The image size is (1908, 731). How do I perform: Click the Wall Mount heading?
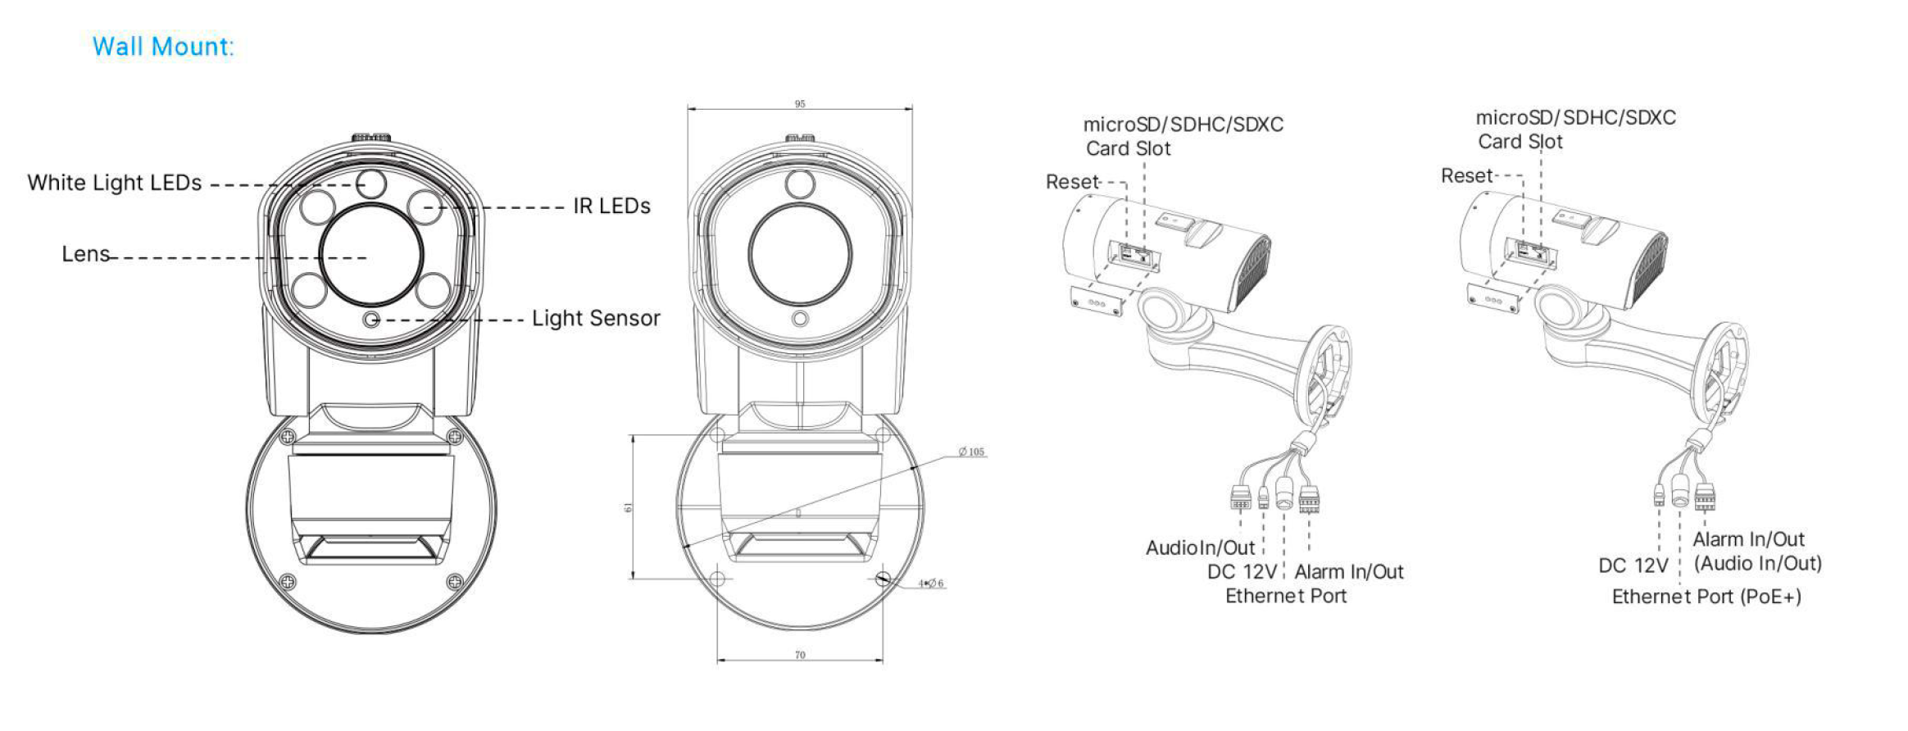163,47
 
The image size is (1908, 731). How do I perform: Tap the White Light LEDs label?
114,183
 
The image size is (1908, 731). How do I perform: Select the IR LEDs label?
611,207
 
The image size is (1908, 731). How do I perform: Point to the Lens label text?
85,254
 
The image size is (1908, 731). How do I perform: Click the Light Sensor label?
596,319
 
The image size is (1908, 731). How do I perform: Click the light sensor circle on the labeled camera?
371,319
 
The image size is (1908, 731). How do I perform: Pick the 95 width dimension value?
800,104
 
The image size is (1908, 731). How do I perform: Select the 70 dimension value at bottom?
800,655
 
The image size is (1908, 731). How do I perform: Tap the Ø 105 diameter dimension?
972,452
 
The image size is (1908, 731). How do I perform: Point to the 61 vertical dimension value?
629,508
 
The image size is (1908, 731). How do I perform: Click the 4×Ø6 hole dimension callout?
931,583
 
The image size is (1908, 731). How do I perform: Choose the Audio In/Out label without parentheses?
1200,547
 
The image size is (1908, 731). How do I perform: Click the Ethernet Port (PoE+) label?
1706,597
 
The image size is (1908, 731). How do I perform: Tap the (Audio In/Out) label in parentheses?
1757,564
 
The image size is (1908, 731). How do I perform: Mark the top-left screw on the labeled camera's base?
288,437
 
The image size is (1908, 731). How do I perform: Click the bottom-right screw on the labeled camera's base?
455,582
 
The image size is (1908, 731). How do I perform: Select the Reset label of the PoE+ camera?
1467,176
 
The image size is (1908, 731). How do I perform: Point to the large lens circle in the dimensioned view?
800,254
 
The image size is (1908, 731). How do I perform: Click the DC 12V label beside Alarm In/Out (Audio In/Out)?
1633,565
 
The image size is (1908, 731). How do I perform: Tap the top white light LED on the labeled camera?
371,183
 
